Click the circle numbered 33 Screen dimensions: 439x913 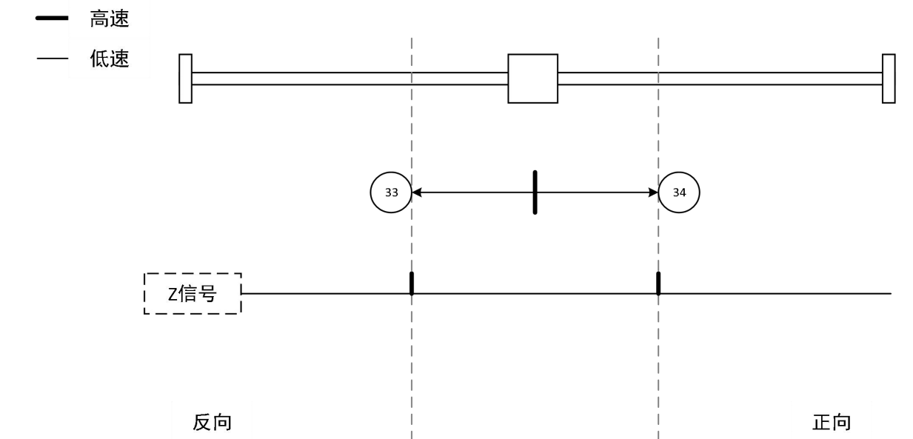click(x=391, y=192)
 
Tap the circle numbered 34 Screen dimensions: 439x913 click(x=679, y=192)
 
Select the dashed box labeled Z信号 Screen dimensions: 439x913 click(x=193, y=294)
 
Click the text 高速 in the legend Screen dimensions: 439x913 click(x=110, y=20)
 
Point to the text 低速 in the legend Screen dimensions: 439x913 click(x=110, y=59)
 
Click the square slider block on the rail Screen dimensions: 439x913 click(x=532, y=78)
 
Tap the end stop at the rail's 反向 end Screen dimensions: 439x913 click(x=185, y=78)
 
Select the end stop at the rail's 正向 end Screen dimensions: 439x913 click(x=889, y=78)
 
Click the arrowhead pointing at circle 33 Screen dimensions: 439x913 click(x=417, y=192)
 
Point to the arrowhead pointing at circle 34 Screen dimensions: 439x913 click(x=653, y=192)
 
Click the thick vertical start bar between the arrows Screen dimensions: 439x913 click(x=534, y=192)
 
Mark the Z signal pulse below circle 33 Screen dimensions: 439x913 click(x=412, y=284)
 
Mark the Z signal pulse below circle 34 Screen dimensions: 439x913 click(x=658, y=284)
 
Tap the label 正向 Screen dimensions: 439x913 click(x=832, y=423)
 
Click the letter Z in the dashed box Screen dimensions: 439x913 click(x=170, y=295)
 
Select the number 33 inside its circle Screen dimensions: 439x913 click(x=391, y=192)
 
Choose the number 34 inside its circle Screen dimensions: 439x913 click(x=679, y=192)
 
